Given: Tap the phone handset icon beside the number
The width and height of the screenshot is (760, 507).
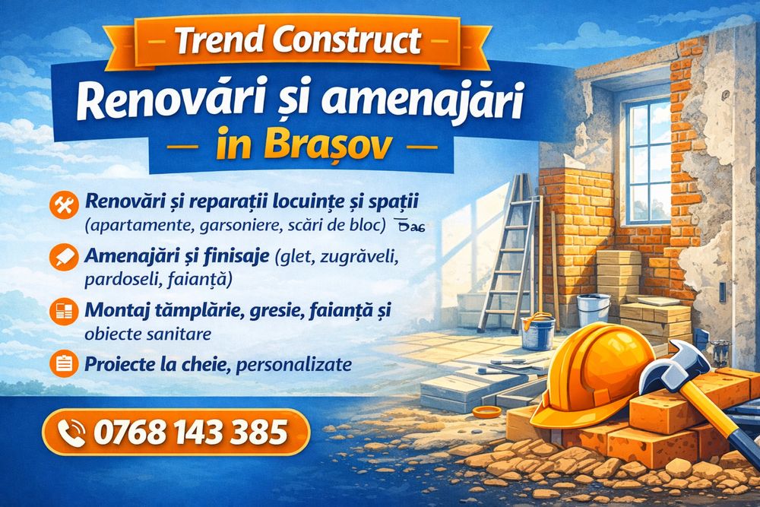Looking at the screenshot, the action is coord(71,433).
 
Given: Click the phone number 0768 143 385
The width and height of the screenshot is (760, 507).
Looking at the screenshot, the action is coord(190,433).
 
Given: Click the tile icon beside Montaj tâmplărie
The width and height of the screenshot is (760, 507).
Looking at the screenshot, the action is coord(64,312).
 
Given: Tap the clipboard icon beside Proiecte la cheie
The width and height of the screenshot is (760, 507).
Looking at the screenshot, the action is coord(64,363).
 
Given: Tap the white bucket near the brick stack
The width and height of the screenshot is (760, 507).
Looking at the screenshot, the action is coord(594,309).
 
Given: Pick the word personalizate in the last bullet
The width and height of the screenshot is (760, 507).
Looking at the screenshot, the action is coord(293,364).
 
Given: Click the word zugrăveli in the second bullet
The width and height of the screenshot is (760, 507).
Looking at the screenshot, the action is coord(358,258).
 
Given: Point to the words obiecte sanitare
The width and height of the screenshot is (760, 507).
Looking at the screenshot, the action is coord(148,334).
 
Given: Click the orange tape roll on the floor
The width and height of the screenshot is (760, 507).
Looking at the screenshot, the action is coord(486,411).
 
